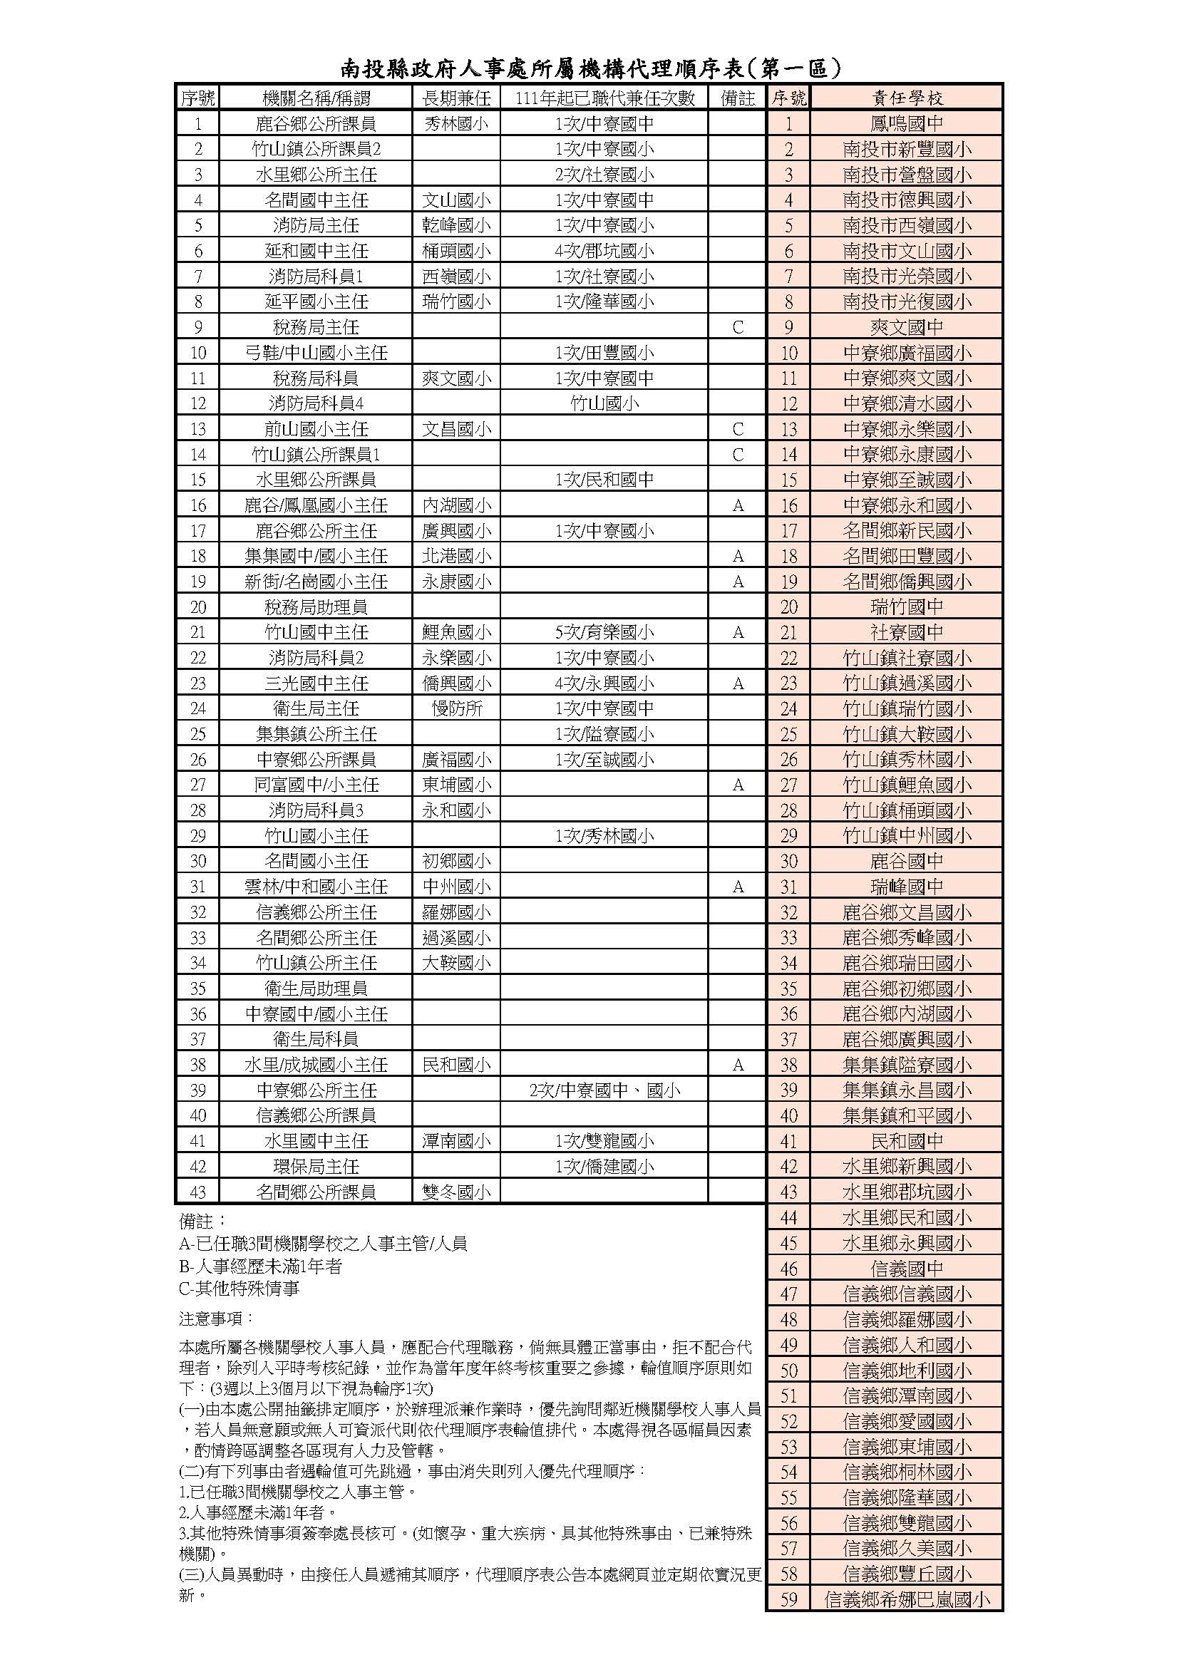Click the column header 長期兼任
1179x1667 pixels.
[x=456, y=98]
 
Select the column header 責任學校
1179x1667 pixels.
[x=907, y=98]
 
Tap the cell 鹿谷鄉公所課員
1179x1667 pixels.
[x=316, y=124]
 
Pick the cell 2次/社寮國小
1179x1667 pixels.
[x=604, y=175]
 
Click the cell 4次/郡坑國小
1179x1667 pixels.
[x=604, y=251]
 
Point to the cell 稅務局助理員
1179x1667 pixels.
[x=316, y=607]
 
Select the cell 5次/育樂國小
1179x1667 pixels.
[x=604, y=632]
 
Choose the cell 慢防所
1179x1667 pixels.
[x=456, y=708]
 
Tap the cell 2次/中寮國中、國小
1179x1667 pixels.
[x=604, y=1090]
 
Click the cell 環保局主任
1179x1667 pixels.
[x=316, y=1166]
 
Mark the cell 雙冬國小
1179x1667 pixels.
[x=456, y=1192]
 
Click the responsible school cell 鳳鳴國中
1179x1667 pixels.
[x=907, y=124]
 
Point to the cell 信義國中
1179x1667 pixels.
[x=907, y=1269]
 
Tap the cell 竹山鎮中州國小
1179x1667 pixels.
[x=907, y=836]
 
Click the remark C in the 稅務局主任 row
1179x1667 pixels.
[x=738, y=327]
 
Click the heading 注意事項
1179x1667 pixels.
[x=217, y=1318]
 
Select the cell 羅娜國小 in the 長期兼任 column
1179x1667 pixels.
[x=456, y=912]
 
